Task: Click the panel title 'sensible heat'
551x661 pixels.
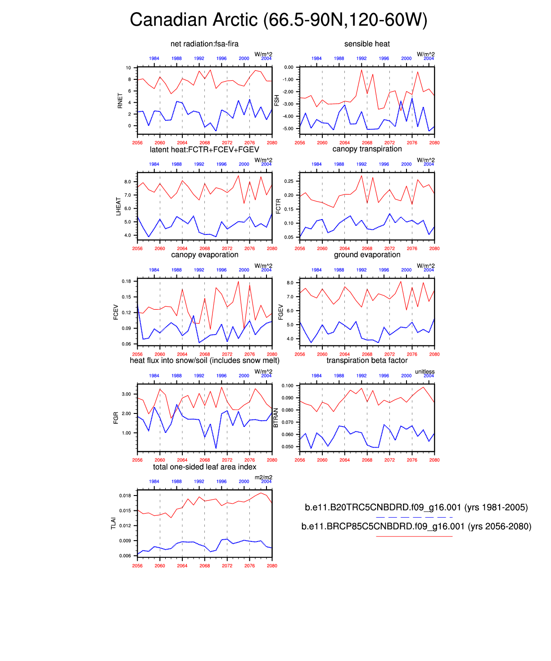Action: click(x=367, y=44)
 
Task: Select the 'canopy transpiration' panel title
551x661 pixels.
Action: click(x=367, y=149)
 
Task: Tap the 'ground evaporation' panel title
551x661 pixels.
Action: click(x=367, y=255)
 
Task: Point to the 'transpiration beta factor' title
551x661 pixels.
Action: click(x=367, y=360)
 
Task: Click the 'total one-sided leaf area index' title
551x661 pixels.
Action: click(x=204, y=467)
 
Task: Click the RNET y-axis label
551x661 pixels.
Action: click(x=120, y=101)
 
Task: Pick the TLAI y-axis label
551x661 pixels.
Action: click(x=113, y=523)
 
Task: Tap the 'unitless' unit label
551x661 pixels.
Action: click(x=425, y=372)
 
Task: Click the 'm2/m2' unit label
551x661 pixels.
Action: click(x=263, y=477)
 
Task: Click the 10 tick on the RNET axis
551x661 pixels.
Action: click(x=129, y=68)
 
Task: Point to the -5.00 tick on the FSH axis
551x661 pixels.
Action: click(x=288, y=129)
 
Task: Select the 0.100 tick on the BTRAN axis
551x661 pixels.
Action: click(x=287, y=386)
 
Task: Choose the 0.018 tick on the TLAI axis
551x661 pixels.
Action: click(x=125, y=496)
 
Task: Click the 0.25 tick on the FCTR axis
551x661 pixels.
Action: click(x=289, y=181)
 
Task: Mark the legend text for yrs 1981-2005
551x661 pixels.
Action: click(x=416, y=507)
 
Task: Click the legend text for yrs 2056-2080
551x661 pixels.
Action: click(x=416, y=526)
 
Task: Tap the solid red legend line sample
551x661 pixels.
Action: click(x=414, y=536)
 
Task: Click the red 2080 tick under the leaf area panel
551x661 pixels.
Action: click(x=272, y=565)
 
